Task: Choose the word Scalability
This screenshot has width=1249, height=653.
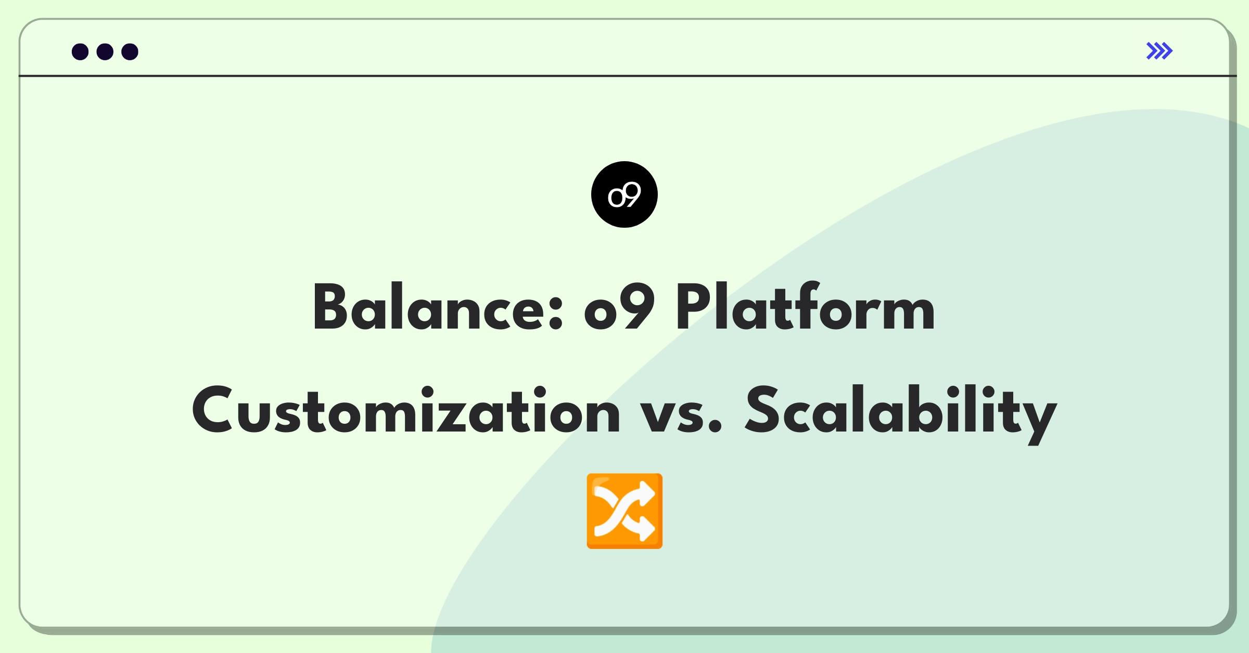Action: click(901, 414)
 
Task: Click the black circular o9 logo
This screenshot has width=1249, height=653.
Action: click(624, 194)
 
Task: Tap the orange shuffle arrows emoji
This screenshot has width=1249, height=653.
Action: click(624, 511)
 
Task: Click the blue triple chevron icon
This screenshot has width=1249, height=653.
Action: click(1159, 51)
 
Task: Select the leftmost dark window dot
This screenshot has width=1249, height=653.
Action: click(80, 51)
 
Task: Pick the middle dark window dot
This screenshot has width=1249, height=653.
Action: click(105, 51)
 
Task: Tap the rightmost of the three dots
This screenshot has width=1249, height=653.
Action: click(130, 51)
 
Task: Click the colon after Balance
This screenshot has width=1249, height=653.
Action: click(556, 314)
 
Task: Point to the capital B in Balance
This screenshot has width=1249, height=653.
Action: click(329, 307)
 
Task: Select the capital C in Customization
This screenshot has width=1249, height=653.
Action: click(212, 409)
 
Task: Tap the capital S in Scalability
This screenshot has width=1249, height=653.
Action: click(764, 409)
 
